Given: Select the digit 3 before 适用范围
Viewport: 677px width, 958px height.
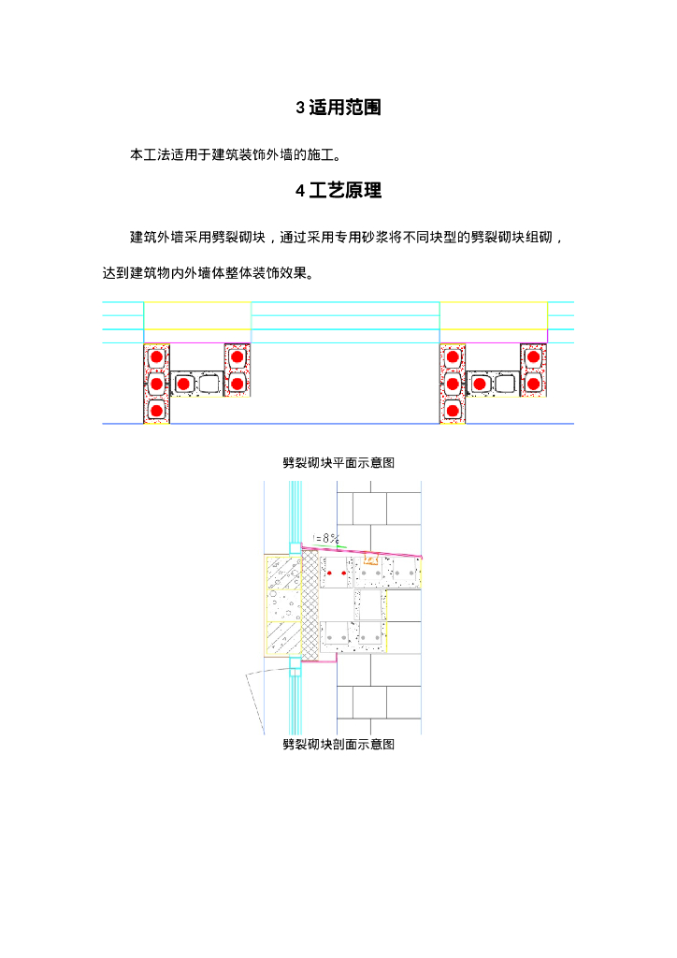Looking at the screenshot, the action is point(300,108).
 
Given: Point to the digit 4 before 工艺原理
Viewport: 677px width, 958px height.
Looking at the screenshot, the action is point(300,191).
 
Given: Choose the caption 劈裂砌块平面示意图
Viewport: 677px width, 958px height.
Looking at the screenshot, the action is point(338,462).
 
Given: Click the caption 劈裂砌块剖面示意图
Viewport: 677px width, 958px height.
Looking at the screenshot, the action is point(338,745).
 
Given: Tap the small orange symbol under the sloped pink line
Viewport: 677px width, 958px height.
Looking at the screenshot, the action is point(369,560).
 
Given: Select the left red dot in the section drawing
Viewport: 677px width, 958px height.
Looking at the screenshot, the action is point(329,573).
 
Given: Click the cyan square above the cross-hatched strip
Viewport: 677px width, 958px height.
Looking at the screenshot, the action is point(295,548).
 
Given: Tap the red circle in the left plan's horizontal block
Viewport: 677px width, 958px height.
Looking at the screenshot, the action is point(184,384).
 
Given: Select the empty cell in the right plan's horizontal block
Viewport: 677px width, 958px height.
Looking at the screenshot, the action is point(506,384).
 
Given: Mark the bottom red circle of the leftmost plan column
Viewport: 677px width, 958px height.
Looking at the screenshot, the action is point(156,410).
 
